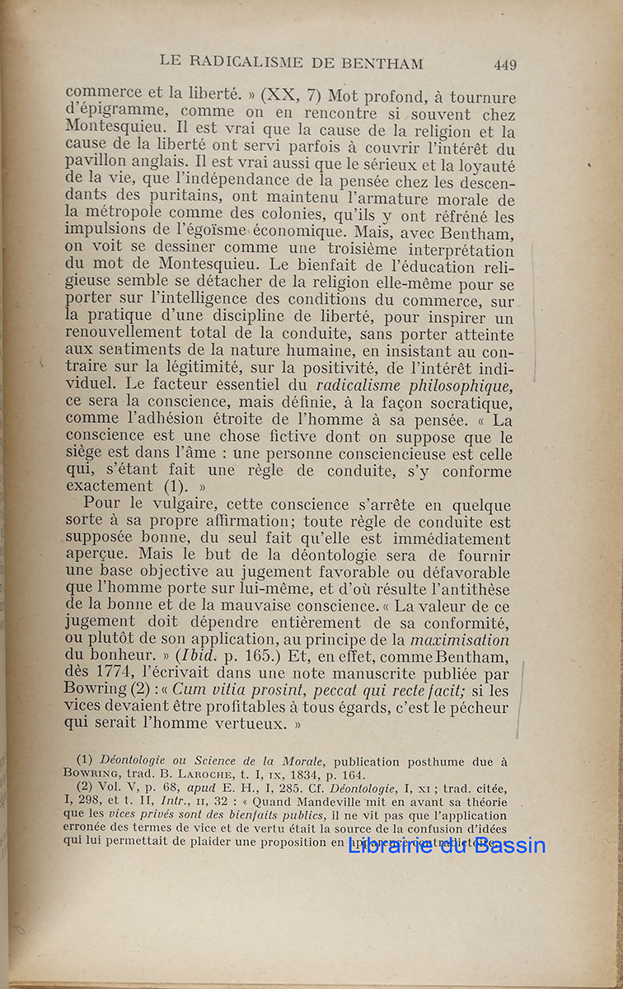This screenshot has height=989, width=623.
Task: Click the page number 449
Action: point(505,64)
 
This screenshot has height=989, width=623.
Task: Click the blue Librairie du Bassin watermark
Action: point(447,845)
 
